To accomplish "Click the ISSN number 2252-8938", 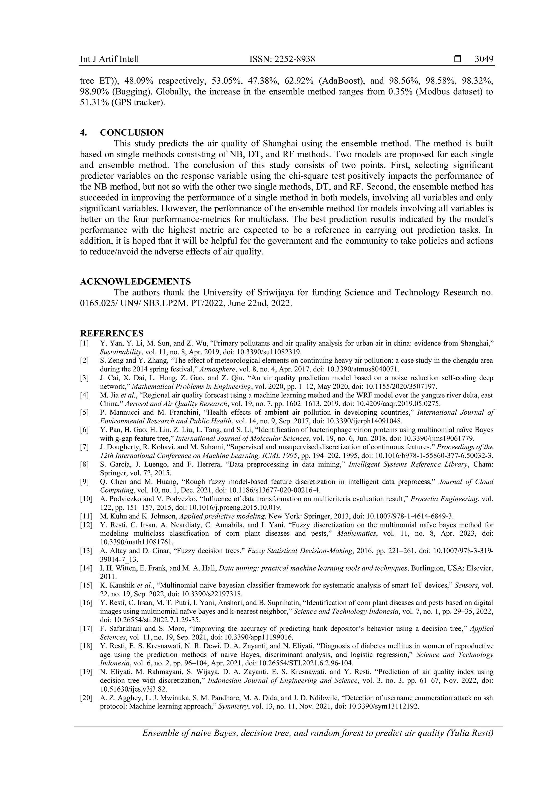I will pos(295,59).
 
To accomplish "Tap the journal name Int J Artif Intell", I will pos(109,59).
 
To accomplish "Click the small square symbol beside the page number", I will pos(457,59).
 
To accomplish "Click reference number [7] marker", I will pos(84,447).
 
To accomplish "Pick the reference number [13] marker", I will pos(86,551).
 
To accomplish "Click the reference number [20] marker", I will pos(86,698).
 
